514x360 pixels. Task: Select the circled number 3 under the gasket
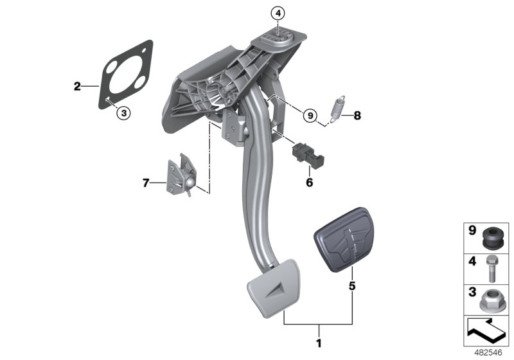(124, 113)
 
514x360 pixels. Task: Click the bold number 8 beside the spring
(358, 116)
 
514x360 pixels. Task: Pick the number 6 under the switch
(309, 183)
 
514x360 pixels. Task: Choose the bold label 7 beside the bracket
(146, 183)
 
